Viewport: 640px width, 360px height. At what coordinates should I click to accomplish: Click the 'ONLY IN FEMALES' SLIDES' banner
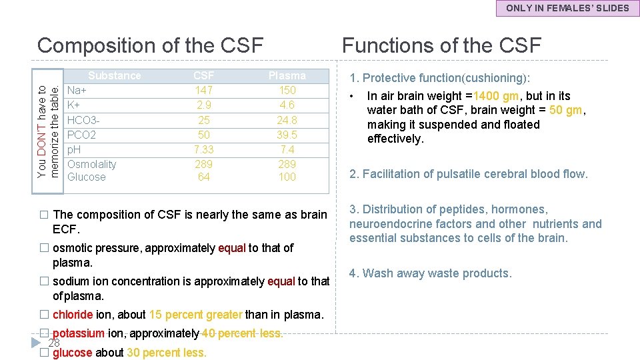click(567, 8)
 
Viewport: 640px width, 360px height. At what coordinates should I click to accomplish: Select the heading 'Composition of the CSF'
click(151, 45)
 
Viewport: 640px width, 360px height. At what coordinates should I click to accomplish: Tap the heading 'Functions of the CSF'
click(441, 45)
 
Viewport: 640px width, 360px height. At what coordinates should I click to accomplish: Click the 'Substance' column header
click(115, 75)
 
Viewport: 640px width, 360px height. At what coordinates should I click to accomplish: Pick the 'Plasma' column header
click(287, 75)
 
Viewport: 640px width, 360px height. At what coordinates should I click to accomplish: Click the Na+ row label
click(78, 90)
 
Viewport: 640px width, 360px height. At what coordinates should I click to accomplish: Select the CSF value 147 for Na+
click(203, 90)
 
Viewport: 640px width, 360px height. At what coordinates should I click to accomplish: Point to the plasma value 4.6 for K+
click(287, 105)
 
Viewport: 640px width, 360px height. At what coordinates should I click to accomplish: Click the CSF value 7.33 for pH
click(203, 149)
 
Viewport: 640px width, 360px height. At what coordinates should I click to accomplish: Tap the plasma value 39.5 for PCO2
click(287, 135)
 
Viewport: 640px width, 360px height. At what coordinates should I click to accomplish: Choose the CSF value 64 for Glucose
click(203, 177)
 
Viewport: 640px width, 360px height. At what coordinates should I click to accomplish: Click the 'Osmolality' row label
click(92, 164)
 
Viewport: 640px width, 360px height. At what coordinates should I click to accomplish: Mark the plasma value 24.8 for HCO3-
click(287, 120)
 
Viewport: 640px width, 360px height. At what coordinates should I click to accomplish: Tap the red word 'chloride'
click(73, 315)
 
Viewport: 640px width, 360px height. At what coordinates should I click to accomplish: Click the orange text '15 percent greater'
click(195, 315)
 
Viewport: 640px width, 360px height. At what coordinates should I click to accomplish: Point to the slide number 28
click(55, 343)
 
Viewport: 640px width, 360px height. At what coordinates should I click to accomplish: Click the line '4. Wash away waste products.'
click(430, 273)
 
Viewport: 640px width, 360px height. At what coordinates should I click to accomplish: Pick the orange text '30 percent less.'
click(167, 353)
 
